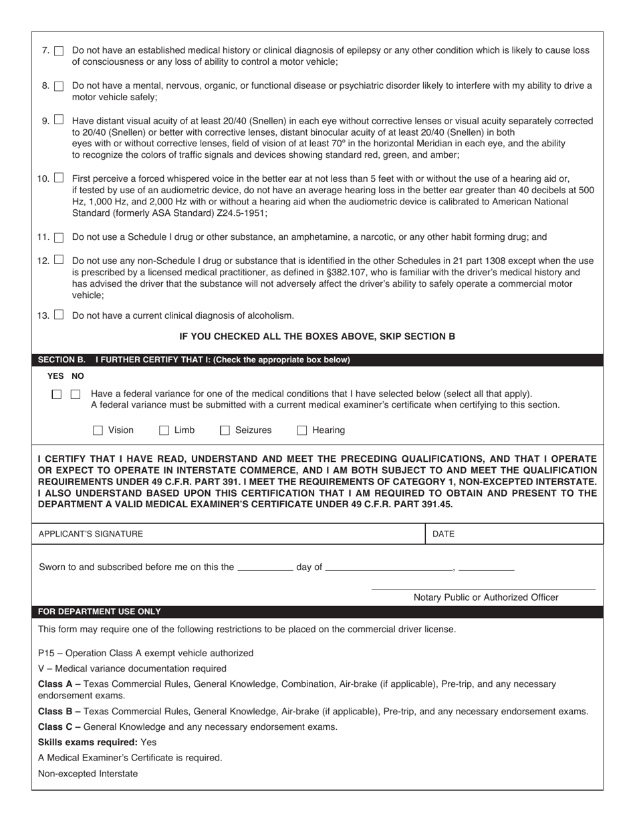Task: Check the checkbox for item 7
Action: coord(59,51)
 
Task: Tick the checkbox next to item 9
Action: coord(59,120)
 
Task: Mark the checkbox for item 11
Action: coord(59,237)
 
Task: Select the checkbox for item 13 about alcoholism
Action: coord(59,315)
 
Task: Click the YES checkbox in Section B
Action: coord(57,394)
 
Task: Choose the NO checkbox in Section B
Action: coord(76,394)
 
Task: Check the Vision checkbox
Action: coord(98,430)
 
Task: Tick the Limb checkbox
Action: coord(164,430)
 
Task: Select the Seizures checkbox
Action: coord(225,430)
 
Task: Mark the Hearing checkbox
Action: coord(302,430)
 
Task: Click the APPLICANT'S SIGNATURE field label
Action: coord(91,534)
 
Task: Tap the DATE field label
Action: coord(444,534)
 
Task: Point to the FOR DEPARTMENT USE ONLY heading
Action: coord(99,611)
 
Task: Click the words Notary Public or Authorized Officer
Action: coord(486,597)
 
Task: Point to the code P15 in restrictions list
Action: coord(46,653)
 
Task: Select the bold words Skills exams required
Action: coord(88,742)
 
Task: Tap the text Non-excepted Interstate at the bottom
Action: coord(88,773)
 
